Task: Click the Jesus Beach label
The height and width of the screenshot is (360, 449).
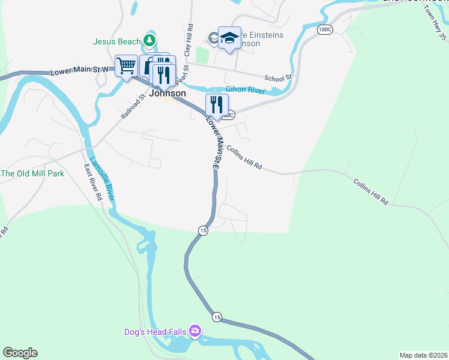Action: [117, 42]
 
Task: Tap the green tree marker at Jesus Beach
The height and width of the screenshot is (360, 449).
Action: [149, 41]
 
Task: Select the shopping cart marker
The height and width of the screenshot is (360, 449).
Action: [127, 66]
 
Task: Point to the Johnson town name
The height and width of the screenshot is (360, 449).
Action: [167, 94]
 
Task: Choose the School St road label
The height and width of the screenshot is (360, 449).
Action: [277, 77]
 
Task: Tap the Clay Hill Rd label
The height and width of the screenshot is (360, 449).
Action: [188, 40]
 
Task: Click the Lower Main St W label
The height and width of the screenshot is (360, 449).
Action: [80, 70]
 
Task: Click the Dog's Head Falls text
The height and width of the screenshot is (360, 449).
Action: [155, 331]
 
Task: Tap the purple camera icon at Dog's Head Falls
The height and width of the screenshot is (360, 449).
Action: [194, 331]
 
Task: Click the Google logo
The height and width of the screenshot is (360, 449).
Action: [20, 353]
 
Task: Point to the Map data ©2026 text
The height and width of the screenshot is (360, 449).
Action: [423, 355]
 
